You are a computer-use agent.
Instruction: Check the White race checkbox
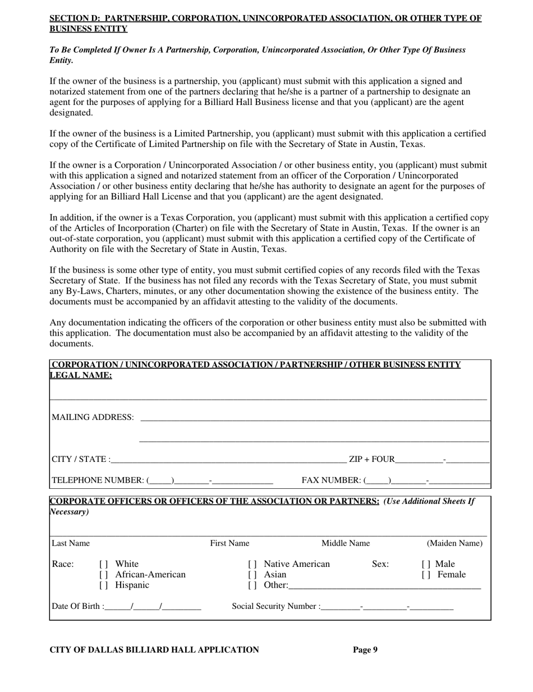pyautogui.click(x=103, y=565)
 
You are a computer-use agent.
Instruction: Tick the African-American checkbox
pyautogui.click(x=103, y=575)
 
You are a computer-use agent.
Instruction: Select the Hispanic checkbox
pyautogui.click(x=103, y=586)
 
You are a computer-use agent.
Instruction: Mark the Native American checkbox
pyautogui.click(x=252, y=565)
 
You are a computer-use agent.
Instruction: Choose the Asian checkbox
pyautogui.click(x=252, y=575)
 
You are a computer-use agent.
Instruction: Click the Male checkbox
pyautogui.click(x=425, y=565)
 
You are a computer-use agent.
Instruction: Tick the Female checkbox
pyautogui.click(x=425, y=575)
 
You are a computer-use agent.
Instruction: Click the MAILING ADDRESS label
pyautogui.click(x=93, y=418)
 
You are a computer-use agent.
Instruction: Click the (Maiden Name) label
pyautogui.click(x=454, y=543)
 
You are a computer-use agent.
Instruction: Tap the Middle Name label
pyautogui.click(x=345, y=543)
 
